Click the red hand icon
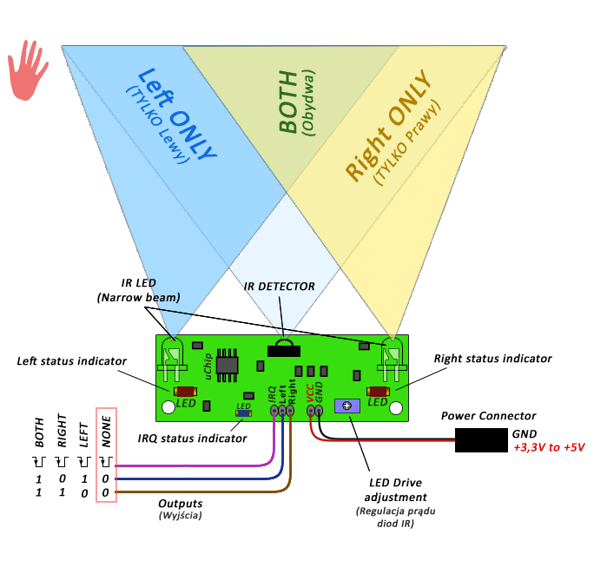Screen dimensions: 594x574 click(x=27, y=71)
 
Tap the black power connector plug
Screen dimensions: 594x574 click(x=481, y=440)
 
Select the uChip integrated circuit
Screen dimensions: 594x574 click(x=227, y=365)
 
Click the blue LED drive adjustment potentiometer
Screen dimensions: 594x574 click(x=347, y=406)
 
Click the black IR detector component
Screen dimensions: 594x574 click(x=284, y=348)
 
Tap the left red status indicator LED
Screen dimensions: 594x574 click(x=185, y=392)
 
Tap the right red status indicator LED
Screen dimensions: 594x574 click(x=378, y=392)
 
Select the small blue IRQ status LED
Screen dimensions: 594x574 click(x=243, y=413)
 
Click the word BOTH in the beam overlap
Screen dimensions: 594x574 click(x=287, y=101)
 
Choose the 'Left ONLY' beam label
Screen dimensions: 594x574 click(x=176, y=113)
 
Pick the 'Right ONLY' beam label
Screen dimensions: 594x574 click(x=388, y=125)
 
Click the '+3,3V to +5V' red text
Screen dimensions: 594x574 click(x=550, y=447)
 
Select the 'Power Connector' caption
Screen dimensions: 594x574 click(x=488, y=416)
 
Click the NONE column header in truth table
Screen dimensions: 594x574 click(x=107, y=432)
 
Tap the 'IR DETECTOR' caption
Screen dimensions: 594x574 click(x=279, y=287)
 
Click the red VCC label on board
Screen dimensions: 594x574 click(x=310, y=393)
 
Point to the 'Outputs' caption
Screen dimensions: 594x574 click(x=181, y=504)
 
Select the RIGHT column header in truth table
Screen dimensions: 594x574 click(x=62, y=431)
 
